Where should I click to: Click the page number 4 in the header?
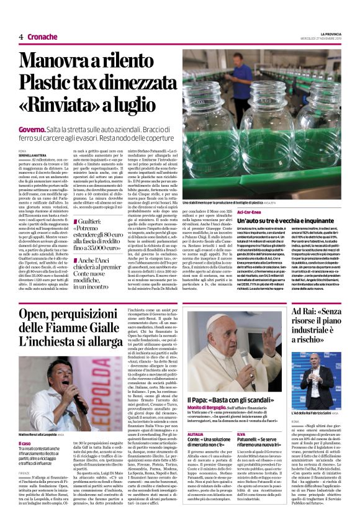[20, 37]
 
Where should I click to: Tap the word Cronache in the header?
[42, 37]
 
